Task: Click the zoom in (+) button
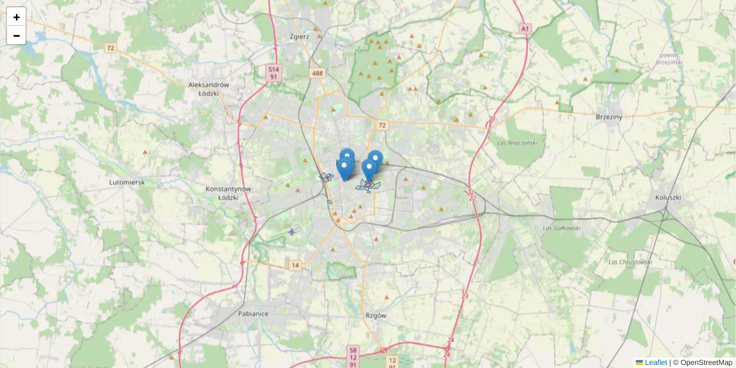pos(17,17)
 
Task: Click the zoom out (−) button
pos(17,36)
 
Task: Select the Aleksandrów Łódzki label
pos(209,89)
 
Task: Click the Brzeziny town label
pos(609,116)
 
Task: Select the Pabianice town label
pos(253,313)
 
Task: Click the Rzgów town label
pos(375,315)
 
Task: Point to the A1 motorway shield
pos(524,29)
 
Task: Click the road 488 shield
pos(317,74)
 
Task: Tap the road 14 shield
pos(296,265)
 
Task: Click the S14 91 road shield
pos(274,74)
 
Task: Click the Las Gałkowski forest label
pos(557,228)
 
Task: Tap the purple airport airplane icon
pos(291,231)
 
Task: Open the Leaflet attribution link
pos(655,362)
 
